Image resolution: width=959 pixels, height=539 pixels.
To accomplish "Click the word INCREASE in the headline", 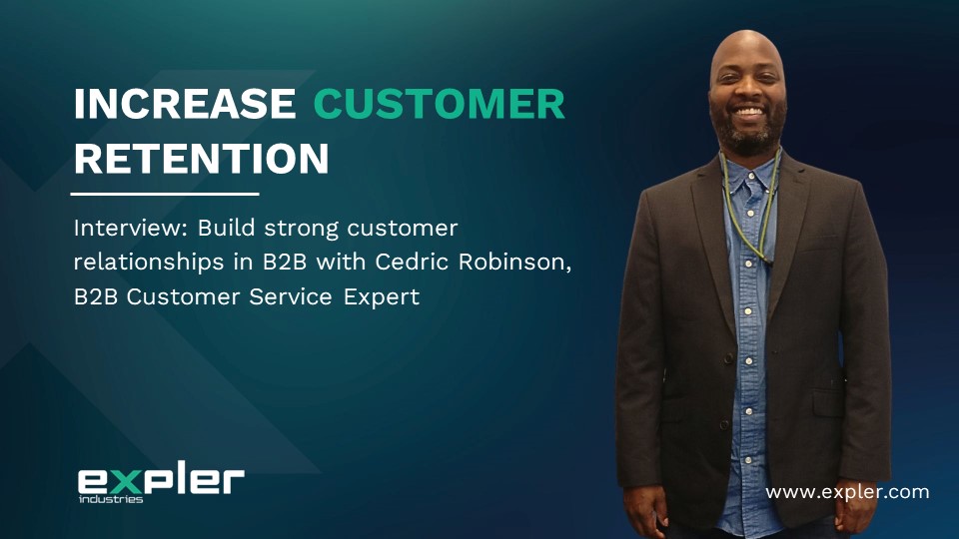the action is (185, 103).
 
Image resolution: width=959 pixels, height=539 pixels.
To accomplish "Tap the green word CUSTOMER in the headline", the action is (440, 103).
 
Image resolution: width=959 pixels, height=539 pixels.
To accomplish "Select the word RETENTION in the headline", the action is (201, 159).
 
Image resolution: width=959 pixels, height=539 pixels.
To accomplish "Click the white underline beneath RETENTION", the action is (165, 194).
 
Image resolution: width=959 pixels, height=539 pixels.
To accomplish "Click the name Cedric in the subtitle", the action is (413, 262).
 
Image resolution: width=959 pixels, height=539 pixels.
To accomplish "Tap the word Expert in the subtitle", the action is (382, 297).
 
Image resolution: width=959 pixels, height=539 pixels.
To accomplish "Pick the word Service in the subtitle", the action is (290, 296).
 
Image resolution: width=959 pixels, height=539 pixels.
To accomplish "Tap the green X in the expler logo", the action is (127, 483).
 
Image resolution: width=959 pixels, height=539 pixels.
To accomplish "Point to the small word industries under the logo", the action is (111, 499).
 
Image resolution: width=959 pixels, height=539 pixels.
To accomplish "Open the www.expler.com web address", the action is (847, 492).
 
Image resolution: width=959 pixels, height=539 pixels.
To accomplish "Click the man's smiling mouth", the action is (748, 113).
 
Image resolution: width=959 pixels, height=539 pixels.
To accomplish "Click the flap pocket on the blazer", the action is (829, 404).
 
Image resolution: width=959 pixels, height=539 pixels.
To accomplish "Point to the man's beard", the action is (747, 130).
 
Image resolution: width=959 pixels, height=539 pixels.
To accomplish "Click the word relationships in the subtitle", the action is (149, 263).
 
